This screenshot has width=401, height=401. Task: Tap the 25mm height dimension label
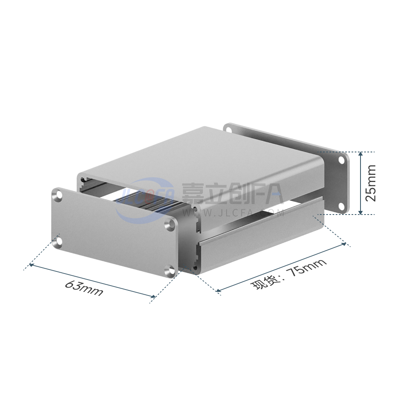(371, 183)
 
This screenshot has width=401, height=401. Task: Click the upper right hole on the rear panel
(341, 160)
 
